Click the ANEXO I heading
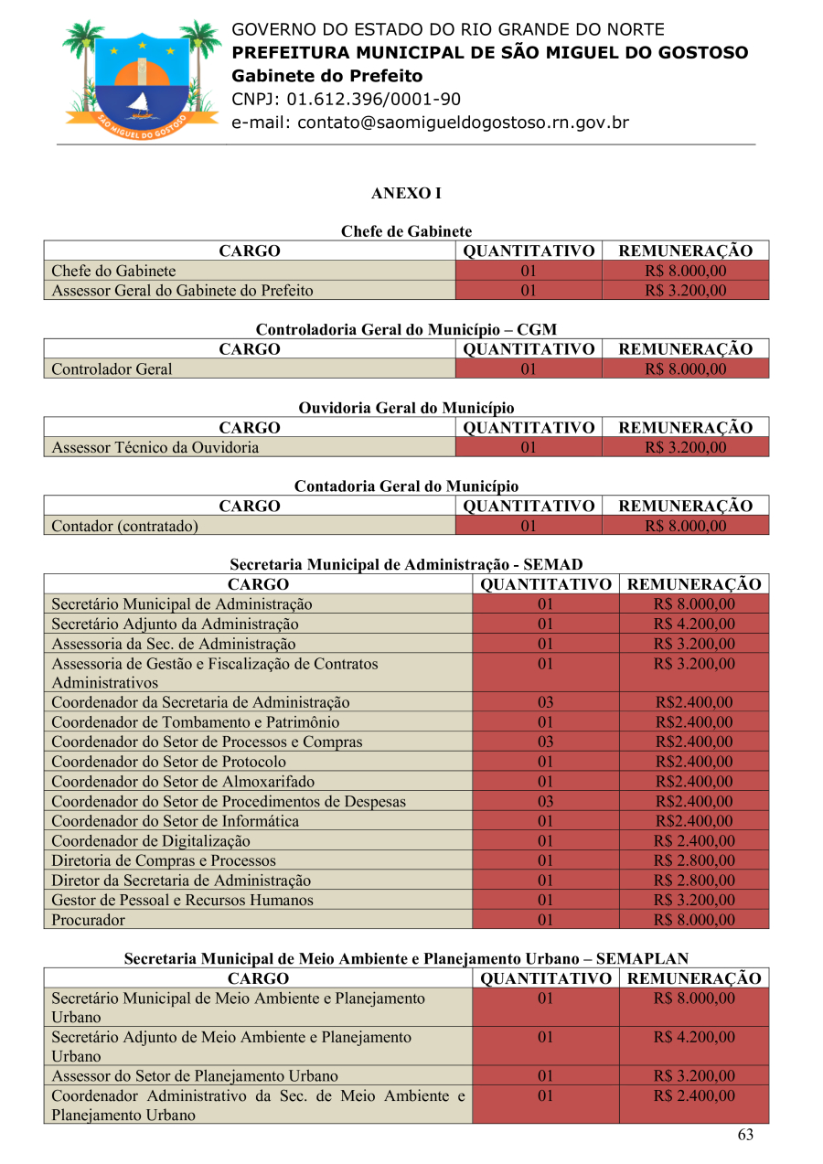pos(406,194)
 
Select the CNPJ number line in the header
pos(346,100)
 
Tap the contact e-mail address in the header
pos(430,123)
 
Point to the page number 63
pos(745,1135)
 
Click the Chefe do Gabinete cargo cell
pos(114,271)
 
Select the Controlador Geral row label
pos(112,369)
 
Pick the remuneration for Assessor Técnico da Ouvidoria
pos(685,448)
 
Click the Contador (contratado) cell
pos(125,526)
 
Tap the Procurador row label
pos(88,920)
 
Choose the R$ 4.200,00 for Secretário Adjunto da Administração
pos(694,625)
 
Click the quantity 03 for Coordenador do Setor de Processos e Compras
pos(545,742)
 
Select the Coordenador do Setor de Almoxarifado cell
pos(183,782)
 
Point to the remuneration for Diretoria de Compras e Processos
pos(694,860)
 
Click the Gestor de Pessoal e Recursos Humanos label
pos(182,900)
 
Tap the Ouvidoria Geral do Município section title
pos(406,408)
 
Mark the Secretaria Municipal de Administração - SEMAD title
pos(406,565)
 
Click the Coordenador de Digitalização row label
pos(151,841)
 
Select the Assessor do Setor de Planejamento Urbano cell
pos(195,1076)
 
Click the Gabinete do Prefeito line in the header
pos(327,76)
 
